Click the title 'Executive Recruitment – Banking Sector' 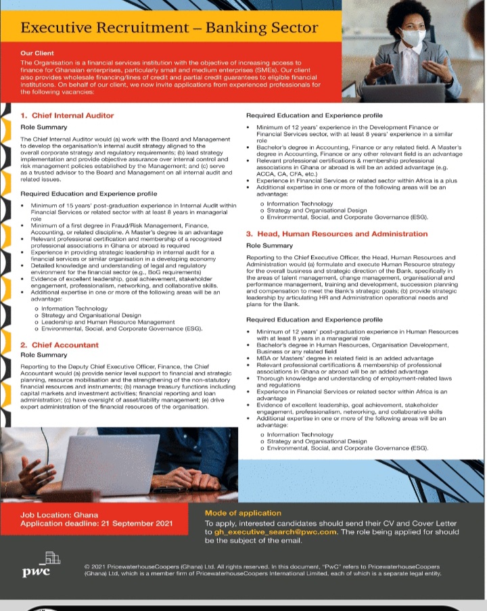(x=170, y=28)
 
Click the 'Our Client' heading (x=37, y=53)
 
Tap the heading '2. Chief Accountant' (x=60, y=345)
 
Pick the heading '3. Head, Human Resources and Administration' (x=336, y=234)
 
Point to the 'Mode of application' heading (x=243, y=514)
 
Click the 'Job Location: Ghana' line (x=60, y=515)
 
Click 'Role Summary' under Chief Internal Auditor (x=44, y=127)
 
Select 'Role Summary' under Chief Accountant (x=44, y=355)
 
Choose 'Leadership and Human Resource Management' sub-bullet (x=108, y=322)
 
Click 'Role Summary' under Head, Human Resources (x=269, y=246)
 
